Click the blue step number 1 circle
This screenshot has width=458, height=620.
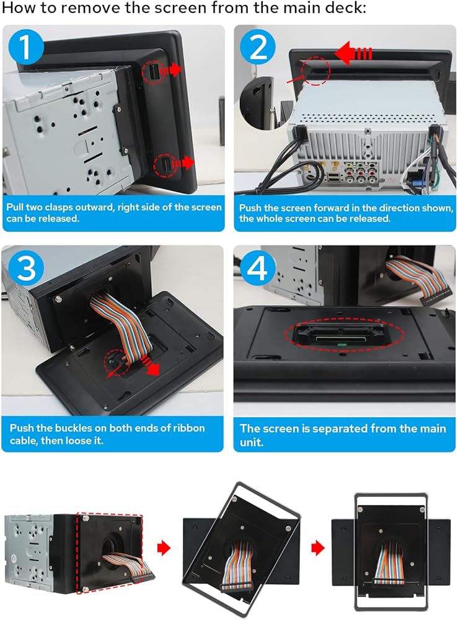25,48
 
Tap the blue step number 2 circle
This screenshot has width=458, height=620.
258,48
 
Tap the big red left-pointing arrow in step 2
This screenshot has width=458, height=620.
353,53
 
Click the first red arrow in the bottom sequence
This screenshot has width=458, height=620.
164,548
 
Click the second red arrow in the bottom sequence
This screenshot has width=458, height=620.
318,548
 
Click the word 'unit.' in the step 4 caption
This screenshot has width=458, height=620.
252,442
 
